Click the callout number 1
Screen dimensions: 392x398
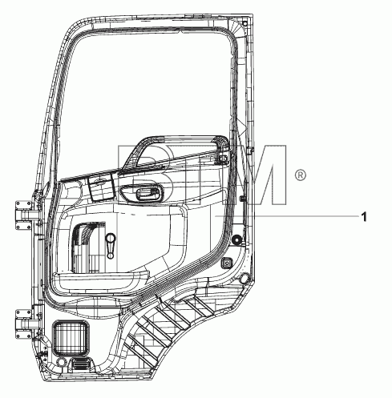pyautogui.click(x=364, y=216)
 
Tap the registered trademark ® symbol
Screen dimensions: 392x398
pyautogui.click(x=300, y=175)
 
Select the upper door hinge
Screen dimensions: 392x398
pyautogui.click(x=25, y=215)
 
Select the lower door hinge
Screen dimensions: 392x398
pyautogui.click(x=25, y=324)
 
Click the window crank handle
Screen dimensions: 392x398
pyautogui.click(x=110, y=246)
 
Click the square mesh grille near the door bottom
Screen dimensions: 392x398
pyautogui.click(x=71, y=339)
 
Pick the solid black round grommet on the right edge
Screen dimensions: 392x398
pyautogui.click(x=236, y=240)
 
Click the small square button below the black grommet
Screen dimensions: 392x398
pyautogui.click(x=227, y=263)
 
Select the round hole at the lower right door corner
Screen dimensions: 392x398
pyautogui.click(x=244, y=279)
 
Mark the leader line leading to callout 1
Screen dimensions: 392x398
pyautogui.click(x=287, y=215)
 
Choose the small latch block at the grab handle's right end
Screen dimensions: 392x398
pyautogui.click(x=222, y=159)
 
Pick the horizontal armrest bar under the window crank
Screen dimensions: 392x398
pyautogui.click(x=101, y=279)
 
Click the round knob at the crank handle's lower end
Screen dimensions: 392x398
pyautogui.click(x=110, y=255)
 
